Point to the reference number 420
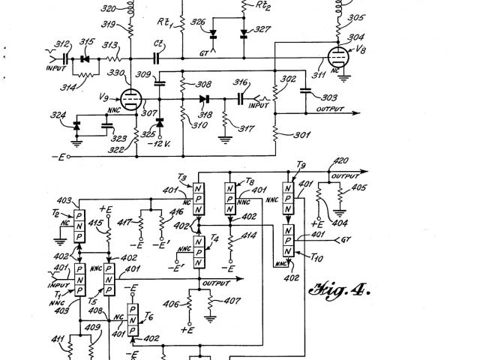[x=340, y=160]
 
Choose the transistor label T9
[x=300, y=165]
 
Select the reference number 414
[x=249, y=236]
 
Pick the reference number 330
[x=116, y=73]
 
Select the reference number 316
[x=241, y=82]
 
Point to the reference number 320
[x=108, y=9]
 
